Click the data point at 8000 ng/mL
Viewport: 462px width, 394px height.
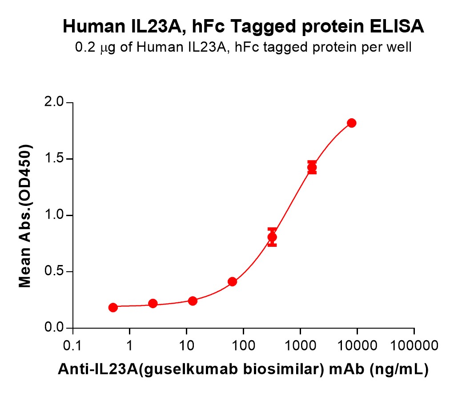pyautogui.click(x=351, y=123)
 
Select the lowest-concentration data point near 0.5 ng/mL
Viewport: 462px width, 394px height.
pyautogui.click(x=113, y=307)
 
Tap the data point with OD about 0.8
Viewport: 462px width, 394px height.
pyautogui.click(x=272, y=237)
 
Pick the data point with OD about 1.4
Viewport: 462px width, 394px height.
pyautogui.click(x=312, y=168)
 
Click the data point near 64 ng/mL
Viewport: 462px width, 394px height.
pyautogui.click(x=232, y=281)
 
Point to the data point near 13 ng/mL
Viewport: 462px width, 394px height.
pyautogui.click(x=193, y=301)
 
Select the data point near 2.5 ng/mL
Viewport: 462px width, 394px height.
pyautogui.click(x=153, y=304)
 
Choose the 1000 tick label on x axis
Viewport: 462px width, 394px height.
pyautogui.click(x=300, y=346)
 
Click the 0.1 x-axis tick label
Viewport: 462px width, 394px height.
pyautogui.click(x=72, y=346)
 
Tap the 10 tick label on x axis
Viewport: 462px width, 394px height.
pyautogui.click(x=186, y=346)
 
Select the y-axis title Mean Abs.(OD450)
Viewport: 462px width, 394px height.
pyautogui.click(x=26, y=216)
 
